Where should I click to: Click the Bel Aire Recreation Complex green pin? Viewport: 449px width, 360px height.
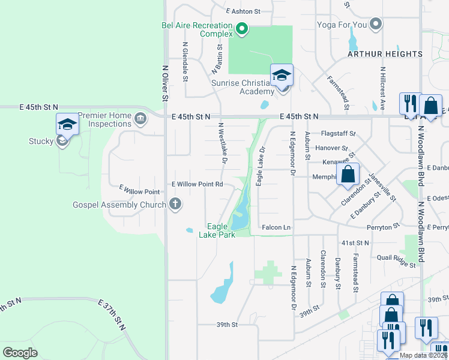click(241, 28)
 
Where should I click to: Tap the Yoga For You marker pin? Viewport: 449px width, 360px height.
click(376, 24)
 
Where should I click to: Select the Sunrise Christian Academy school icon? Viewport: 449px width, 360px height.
click(282, 75)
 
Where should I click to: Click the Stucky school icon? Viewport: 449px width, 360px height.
click(67, 125)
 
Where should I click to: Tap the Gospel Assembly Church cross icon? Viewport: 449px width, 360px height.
click(176, 205)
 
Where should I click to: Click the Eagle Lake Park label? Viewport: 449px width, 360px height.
click(217, 230)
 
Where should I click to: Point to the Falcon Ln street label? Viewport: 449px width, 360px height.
click(276, 227)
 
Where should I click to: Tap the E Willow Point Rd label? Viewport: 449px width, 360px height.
click(197, 184)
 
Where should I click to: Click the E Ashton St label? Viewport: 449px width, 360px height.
click(244, 11)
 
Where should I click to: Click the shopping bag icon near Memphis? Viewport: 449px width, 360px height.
click(348, 175)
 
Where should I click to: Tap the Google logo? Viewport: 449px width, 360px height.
click(20, 353)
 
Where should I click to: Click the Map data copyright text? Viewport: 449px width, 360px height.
click(423, 355)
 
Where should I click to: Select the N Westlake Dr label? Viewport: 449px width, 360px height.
click(222, 143)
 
